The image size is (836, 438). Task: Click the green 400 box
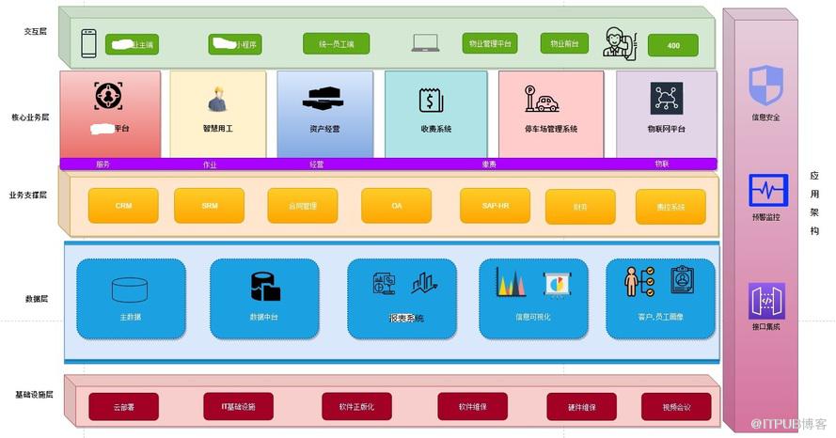tap(673, 45)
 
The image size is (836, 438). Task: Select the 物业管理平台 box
tap(490, 43)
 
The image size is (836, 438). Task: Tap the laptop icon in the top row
tap(425, 43)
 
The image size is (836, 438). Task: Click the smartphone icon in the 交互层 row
tap(89, 43)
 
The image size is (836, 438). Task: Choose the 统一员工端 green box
tap(336, 43)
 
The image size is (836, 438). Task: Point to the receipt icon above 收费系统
tap(431, 99)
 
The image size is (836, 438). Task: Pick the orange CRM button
tap(123, 205)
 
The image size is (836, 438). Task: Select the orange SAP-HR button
tap(495, 205)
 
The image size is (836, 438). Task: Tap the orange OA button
tap(396, 205)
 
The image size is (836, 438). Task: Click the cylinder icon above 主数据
tap(130, 288)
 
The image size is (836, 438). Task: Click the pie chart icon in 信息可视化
tap(558, 283)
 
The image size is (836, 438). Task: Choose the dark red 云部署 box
tap(123, 407)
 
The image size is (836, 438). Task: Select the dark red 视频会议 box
tap(676, 407)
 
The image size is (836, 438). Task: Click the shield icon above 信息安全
tap(765, 85)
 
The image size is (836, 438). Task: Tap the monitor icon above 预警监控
tap(765, 191)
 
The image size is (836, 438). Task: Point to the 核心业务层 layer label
tap(37, 118)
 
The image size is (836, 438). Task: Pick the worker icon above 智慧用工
tap(216, 99)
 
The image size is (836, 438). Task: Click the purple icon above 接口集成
tap(765, 301)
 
